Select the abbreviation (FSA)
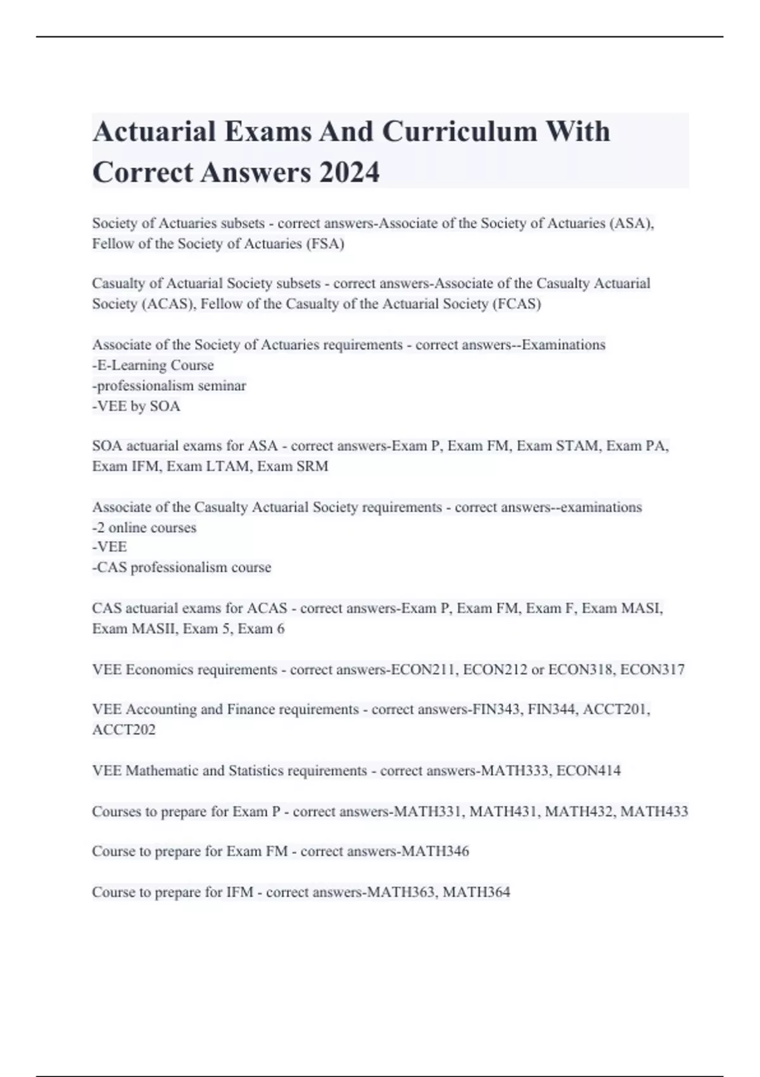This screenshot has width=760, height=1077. pos(325,244)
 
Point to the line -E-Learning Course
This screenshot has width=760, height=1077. pos(153,366)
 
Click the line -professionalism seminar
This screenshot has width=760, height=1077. pos(169,386)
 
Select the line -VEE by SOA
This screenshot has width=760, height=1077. pos(136,406)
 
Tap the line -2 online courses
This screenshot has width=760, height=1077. pos(144,528)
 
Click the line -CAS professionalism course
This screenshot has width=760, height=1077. pos(182,568)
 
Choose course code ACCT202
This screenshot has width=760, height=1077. pos(123,730)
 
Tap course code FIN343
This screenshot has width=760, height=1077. pos(496,710)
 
